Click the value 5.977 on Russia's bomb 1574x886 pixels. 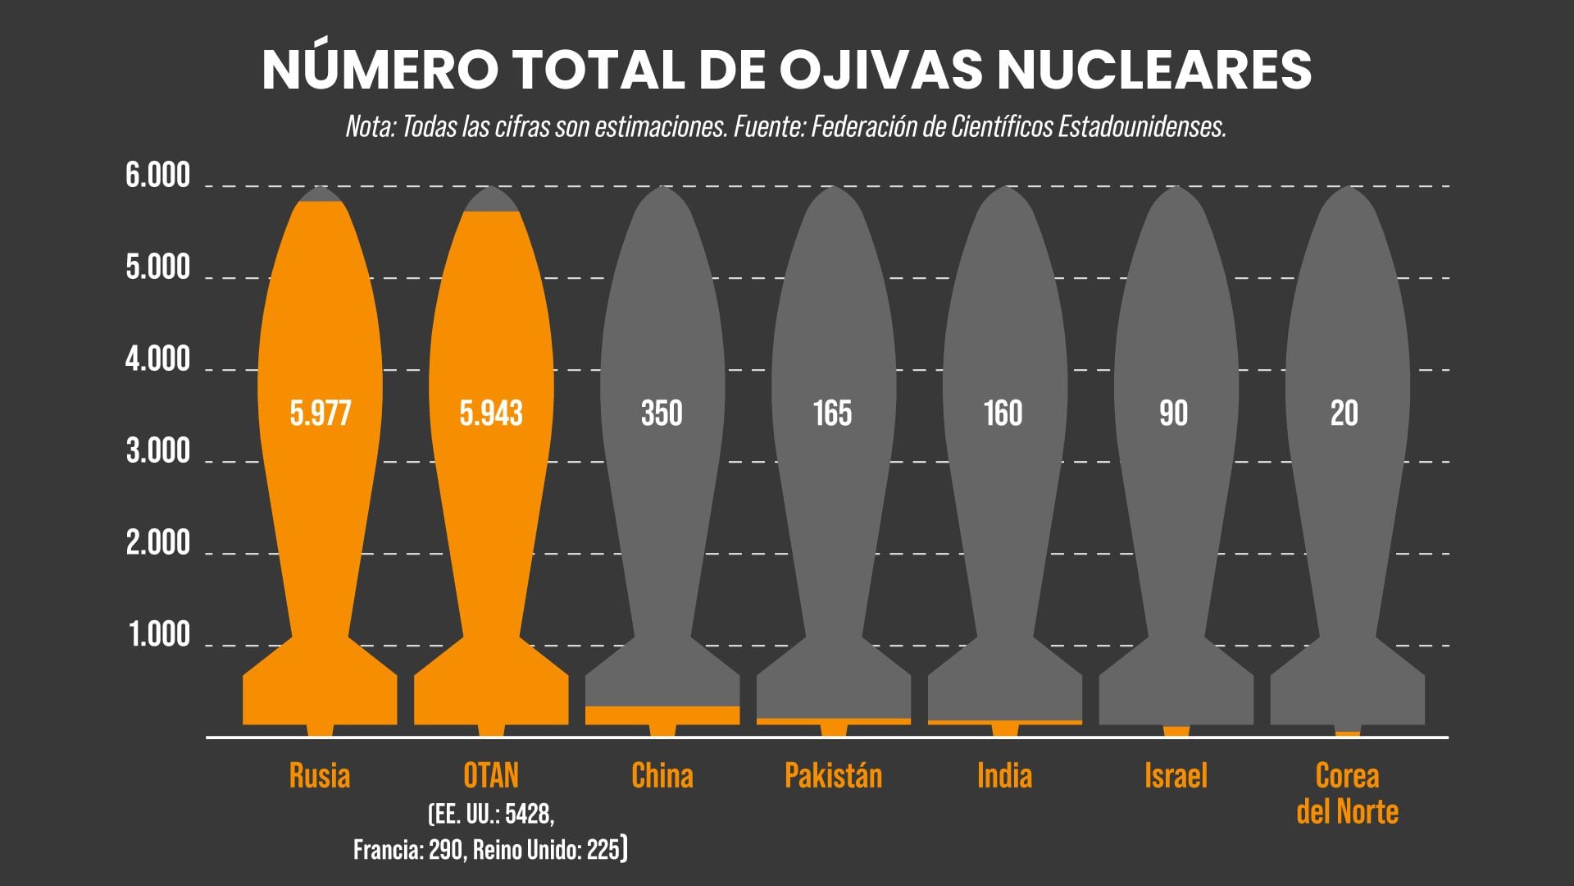tap(321, 413)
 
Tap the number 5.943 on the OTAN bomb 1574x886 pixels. tap(491, 413)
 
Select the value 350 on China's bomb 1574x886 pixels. tap(662, 413)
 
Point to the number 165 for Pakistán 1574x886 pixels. tap(832, 413)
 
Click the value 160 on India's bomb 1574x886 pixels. tap(1003, 413)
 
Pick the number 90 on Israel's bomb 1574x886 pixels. tap(1173, 413)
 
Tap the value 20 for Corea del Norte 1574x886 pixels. tap(1344, 413)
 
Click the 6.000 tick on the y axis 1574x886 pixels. tap(157, 176)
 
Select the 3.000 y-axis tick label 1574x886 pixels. tap(157, 451)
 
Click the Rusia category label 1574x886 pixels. tap(320, 775)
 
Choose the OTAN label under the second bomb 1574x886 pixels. tap(491, 775)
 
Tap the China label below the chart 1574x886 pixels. tap(662, 775)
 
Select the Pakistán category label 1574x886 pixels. tap(833, 775)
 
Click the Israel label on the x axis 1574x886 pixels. tap(1176, 775)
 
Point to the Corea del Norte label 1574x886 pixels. tap(1347, 793)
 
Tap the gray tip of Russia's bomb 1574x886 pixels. tap(320, 194)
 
